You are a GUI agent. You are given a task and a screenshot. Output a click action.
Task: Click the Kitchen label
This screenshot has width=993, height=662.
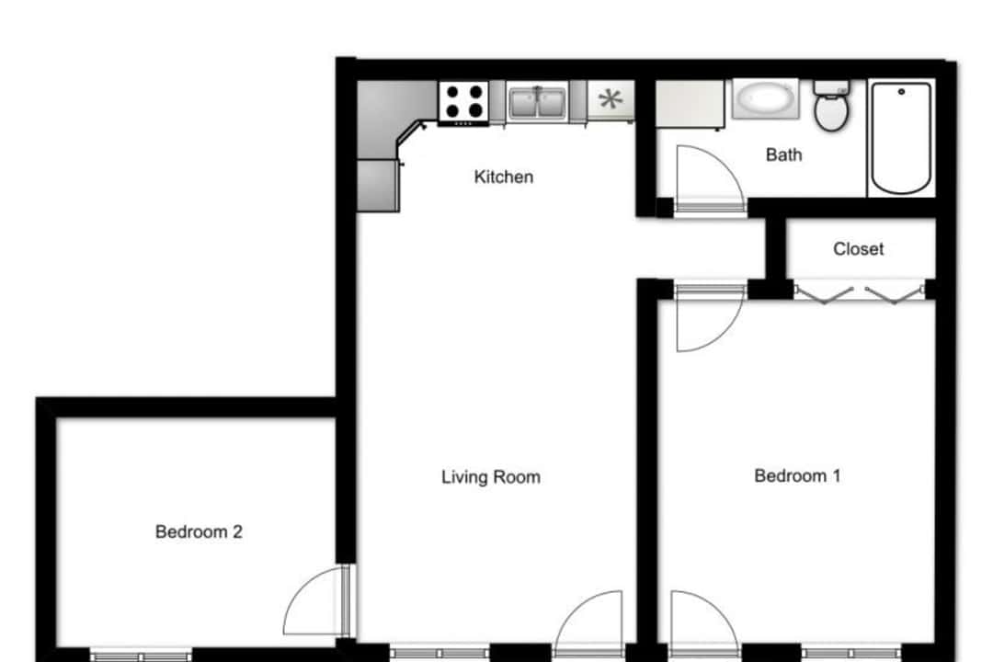click(x=504, y=177)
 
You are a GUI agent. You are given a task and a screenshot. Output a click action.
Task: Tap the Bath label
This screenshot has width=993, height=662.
click(x=783, y=154)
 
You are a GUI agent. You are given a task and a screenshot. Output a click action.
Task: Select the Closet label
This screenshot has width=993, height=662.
click(x=858, y=249)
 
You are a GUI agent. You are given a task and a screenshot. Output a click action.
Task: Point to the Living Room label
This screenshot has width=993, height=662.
click(x=491, y=477)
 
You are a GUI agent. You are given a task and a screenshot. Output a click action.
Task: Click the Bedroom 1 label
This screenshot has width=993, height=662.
click(x=797, y=475)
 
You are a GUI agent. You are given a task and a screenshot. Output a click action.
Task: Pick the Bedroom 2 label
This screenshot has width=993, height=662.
click(x=199, y=531)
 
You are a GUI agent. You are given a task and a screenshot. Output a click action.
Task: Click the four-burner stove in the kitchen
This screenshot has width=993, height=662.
click(x=463, y=103)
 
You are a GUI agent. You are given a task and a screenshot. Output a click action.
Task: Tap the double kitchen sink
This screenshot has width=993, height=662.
click(x=538, y=103)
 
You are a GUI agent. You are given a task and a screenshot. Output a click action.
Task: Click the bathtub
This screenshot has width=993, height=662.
click(x=901, y=138)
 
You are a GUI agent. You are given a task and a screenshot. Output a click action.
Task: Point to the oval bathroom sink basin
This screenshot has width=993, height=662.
click(x=765, y=98)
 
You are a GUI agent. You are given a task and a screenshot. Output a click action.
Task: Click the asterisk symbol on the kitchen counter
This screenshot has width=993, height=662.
click(x=611, y=98)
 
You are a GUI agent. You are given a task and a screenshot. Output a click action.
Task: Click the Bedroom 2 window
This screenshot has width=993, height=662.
click(x=141, y=656)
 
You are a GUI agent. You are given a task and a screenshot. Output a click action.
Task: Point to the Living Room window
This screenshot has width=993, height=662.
click(x=439, y=653)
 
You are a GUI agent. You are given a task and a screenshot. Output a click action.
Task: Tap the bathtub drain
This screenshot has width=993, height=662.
click(x=901, y=92)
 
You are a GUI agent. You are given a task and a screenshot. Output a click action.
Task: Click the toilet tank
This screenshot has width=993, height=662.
click(x=831, y=86)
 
